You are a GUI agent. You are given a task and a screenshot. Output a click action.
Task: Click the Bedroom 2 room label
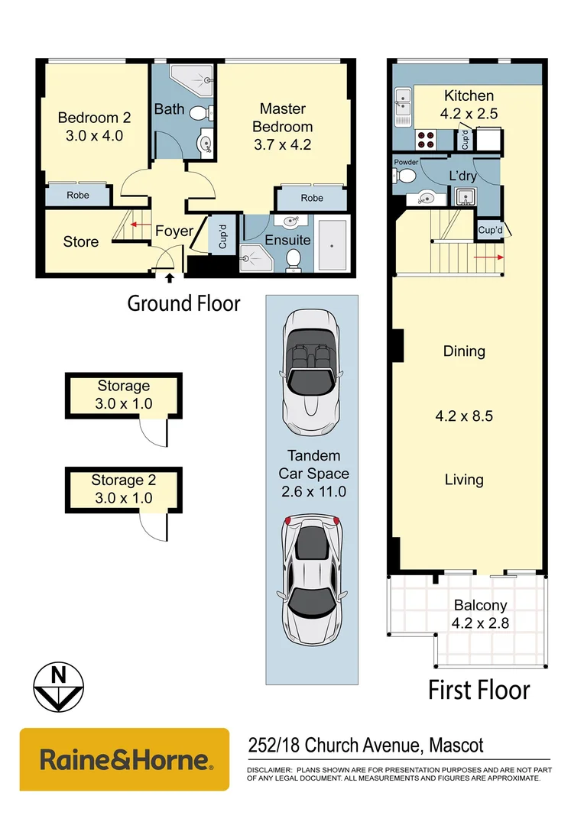click(x=94, y=118)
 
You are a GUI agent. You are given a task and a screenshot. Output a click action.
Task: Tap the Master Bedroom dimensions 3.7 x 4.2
click(x=282, y=144)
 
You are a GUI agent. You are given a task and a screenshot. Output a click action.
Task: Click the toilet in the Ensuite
click(x=294, y=262)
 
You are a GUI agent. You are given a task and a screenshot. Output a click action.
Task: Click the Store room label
click(x=80, y=242)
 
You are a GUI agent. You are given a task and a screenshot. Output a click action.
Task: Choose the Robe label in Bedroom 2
click(x=77, y=196)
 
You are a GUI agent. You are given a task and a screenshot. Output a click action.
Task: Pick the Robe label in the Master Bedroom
click(x=311, y=198)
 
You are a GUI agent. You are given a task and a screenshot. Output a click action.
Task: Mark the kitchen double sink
click(x=402, y=107)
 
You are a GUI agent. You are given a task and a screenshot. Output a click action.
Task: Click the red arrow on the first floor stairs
click(x=489, y=257)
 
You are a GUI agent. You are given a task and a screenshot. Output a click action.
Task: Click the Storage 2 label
click(x=123, y=480)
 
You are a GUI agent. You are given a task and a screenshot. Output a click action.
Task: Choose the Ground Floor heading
click(x=183, y=303)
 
